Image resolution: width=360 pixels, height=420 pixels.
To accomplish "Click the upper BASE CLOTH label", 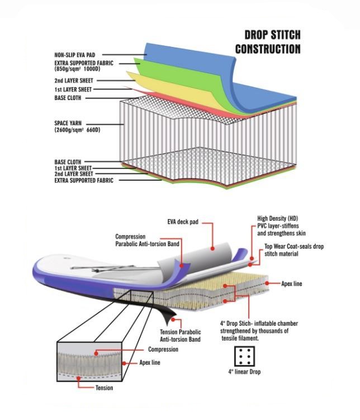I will (x=68, y=98).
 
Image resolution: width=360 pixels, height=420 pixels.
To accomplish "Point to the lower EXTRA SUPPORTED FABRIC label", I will (x=84, y=181).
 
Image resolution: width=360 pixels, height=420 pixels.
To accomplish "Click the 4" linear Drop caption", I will (x=244, y=371).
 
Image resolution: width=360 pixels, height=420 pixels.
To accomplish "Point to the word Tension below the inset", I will (x=104, y=388).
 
